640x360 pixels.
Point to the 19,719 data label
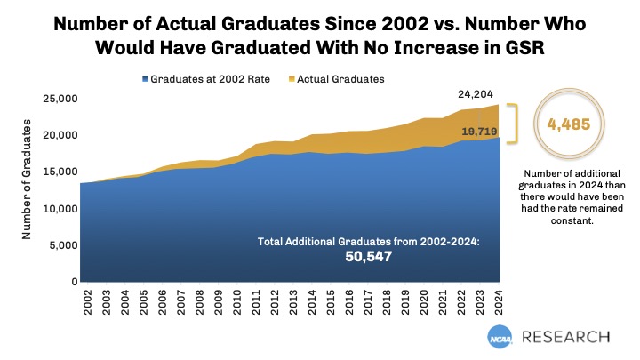479,132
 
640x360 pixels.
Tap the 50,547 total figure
368,257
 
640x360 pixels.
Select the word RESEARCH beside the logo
566,337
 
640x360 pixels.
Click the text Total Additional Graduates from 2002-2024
367,241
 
